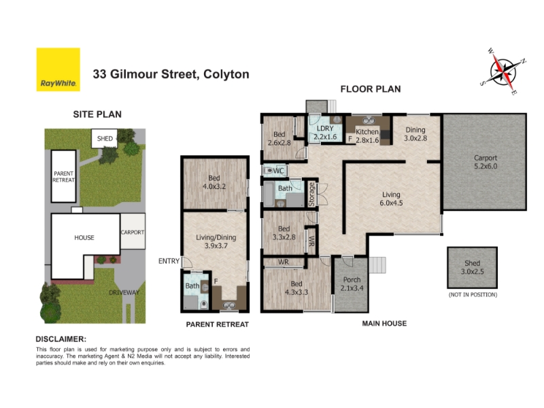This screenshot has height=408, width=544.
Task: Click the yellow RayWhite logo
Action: point(58,69)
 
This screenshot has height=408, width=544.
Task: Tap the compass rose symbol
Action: point(503,72)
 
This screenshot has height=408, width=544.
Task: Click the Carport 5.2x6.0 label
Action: point(486,162)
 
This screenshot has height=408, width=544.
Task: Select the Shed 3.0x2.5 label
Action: point(472,267)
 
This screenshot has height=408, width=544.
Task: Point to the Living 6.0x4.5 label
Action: point(391,199)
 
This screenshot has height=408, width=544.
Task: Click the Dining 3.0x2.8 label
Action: point(415,134)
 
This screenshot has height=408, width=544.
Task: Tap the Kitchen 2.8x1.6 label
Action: point(367,135)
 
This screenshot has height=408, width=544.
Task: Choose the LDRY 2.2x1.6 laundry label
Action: point(325,133)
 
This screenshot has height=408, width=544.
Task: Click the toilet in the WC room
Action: point(268,171)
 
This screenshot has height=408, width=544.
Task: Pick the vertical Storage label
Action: point(311,194)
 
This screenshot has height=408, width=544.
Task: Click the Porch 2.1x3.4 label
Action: point(352,284)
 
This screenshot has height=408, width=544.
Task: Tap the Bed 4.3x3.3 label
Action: point(296,288)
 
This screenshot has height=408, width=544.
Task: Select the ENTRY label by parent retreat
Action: point(169,261)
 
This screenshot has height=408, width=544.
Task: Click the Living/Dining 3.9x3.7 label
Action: point(216,241)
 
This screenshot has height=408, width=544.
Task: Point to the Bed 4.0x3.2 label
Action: point(214,182)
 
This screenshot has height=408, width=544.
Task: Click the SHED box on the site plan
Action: point(105,139)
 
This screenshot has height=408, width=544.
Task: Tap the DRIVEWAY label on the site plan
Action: point(124,292)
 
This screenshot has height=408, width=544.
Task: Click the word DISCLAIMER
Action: point(61,339)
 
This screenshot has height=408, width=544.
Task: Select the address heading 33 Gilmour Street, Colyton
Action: point(171,74)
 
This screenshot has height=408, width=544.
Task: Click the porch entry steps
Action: point(377,265)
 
